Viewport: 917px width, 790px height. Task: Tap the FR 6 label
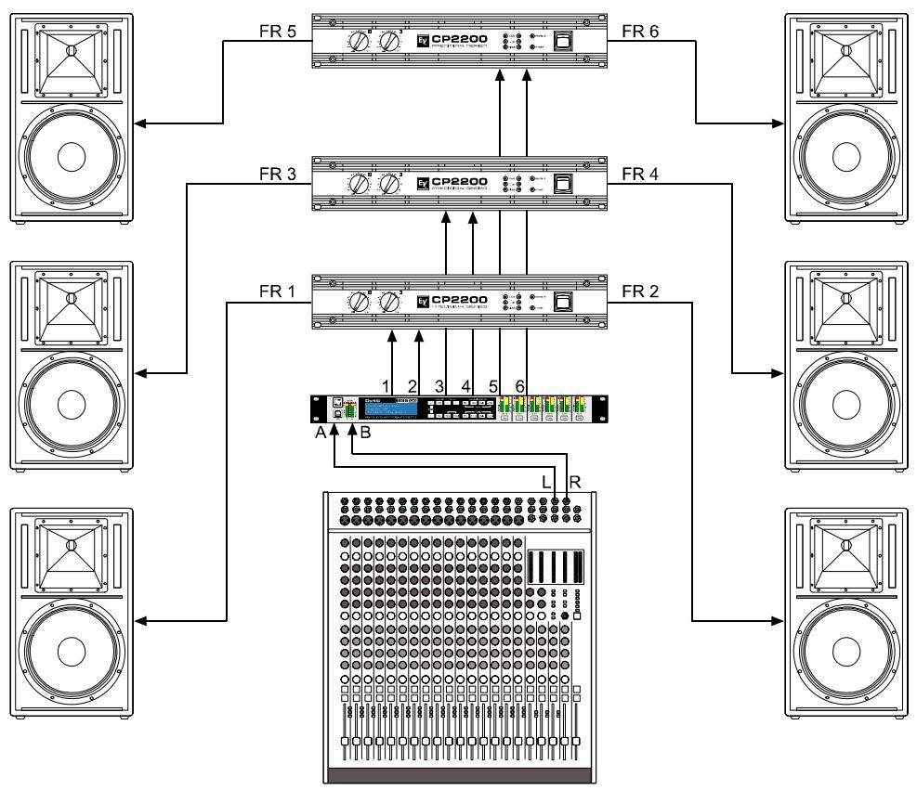point(639,31)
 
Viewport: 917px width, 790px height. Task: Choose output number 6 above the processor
point(519,384)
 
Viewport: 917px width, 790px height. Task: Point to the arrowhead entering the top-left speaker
point(139,122)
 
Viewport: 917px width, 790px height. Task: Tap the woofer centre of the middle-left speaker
point(70,406)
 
